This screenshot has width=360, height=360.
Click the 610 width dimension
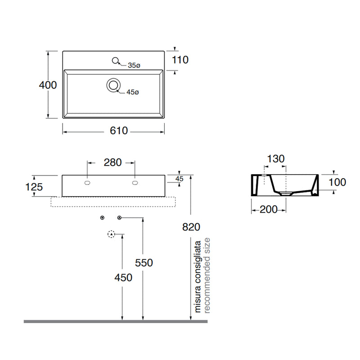click(119, 130)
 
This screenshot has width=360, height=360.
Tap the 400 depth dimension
click(48, 85)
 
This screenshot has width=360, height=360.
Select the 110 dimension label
click(180, 60)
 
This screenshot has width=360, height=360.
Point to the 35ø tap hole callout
click(134, 65)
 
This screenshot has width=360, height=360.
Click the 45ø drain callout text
click(133, 92)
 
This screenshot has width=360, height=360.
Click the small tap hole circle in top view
click(115, 60)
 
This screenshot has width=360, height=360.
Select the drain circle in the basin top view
click(113, 85)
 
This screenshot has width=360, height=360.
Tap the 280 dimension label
click(112, 162)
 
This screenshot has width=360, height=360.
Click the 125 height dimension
click(34, 187)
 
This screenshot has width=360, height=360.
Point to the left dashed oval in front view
click(87, 183)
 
